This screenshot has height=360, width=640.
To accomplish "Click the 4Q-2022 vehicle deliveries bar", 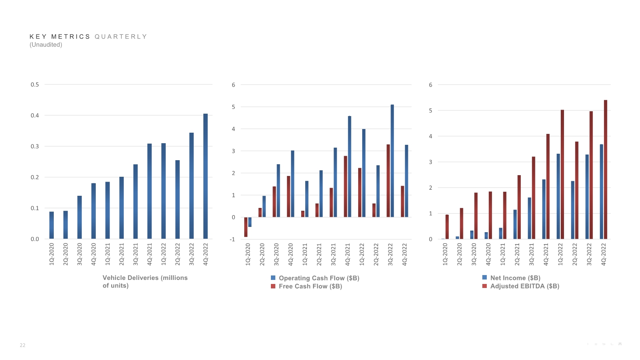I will tap(205, 176).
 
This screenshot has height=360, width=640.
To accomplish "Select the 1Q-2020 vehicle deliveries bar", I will tap(51, 225).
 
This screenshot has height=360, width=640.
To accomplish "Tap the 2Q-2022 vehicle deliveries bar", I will tap(177, 199).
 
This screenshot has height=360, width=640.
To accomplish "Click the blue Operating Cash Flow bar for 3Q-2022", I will tap(392, 161).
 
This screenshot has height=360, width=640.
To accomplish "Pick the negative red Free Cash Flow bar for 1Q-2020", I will tap(246, 227).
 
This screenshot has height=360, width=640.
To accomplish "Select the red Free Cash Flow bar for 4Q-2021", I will tap(346, 186).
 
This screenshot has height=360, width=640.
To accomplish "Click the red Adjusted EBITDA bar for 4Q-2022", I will tap(605, 169).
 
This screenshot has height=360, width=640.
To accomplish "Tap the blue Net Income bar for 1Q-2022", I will tap(558, 196).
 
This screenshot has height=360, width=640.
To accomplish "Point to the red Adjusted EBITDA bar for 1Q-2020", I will tap(447, 227).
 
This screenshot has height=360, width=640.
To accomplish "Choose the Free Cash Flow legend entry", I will tap(310, 286).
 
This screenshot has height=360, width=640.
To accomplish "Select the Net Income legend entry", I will tap(515, 278).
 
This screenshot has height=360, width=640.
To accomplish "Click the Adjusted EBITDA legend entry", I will tap(524, 286).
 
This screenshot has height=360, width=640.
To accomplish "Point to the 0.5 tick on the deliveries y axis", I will tap(35, 85).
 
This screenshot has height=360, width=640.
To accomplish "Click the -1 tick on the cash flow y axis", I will tap(232, 239).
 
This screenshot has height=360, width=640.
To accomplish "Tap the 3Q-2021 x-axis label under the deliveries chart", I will tap(135, 254).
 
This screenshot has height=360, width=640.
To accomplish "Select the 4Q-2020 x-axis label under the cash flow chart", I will tap(290, 254).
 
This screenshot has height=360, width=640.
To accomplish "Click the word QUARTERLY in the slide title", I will tap(121, 37).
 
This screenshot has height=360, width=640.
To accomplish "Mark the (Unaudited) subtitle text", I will tap(46, 45).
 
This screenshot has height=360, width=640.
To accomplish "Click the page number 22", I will tap(23, 345).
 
